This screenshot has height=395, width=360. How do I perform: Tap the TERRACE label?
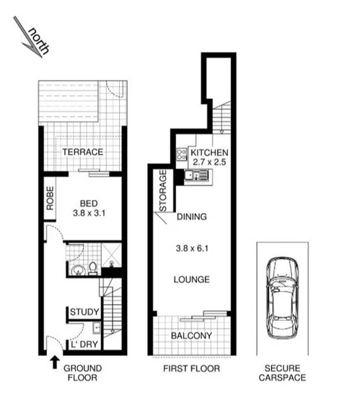(82, 152)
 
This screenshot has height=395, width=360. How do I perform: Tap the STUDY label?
(84, 312)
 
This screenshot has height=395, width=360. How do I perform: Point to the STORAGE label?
(162, 189)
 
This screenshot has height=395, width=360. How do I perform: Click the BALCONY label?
(190, 336)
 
